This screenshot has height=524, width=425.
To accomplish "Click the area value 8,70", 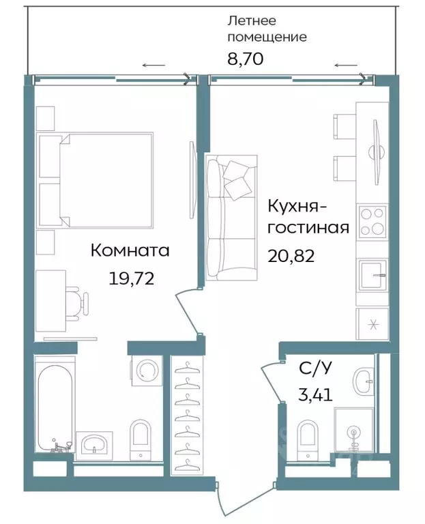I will tap(245, 57).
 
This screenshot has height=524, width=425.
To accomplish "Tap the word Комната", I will tap(130, 251).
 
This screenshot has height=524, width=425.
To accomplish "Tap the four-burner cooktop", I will tap(372, 221).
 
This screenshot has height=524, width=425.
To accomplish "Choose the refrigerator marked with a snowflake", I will tap(372, 323).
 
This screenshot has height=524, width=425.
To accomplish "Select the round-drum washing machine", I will tap(147, 370).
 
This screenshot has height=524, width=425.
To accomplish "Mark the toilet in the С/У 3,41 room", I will tap(309, 437).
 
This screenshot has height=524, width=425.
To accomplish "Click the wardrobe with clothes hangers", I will tap(186, 416).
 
